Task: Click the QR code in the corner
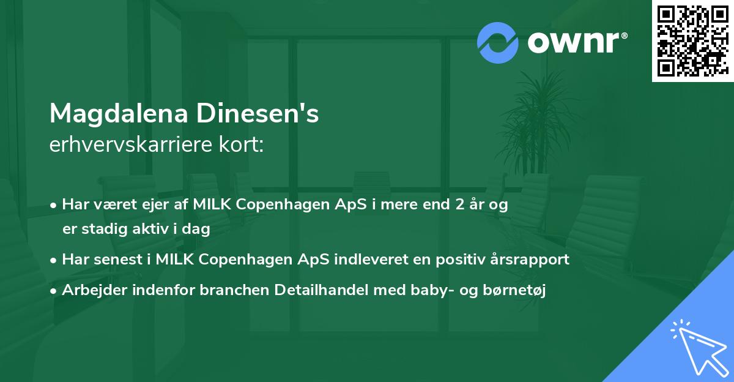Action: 692,41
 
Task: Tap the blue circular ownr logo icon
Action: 498,43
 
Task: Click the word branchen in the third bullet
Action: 228,290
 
